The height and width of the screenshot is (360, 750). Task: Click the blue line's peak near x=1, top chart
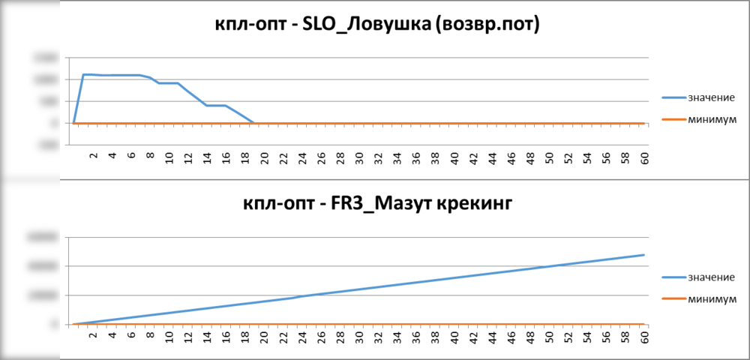pos(83,74)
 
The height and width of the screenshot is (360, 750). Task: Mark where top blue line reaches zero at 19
pos(254,123)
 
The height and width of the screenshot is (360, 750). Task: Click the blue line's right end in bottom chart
pos(644,255)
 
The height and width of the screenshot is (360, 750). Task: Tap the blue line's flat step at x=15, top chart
pos(216,106)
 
